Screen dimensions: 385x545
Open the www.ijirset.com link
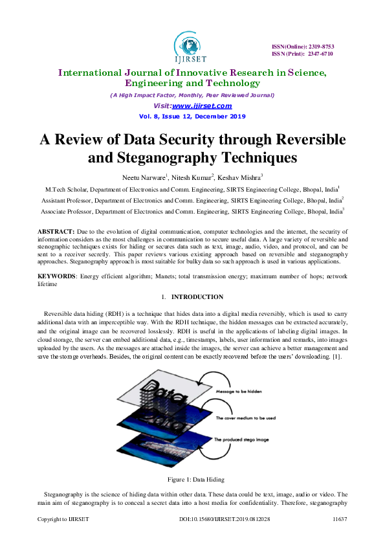click(202, 106)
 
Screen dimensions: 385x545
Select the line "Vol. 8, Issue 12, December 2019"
click(192, 117)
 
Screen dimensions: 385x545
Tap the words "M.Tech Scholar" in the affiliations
click(64, 190)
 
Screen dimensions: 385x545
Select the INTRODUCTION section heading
click(198, 297)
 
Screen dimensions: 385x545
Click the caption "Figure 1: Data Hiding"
click(192, 480)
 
